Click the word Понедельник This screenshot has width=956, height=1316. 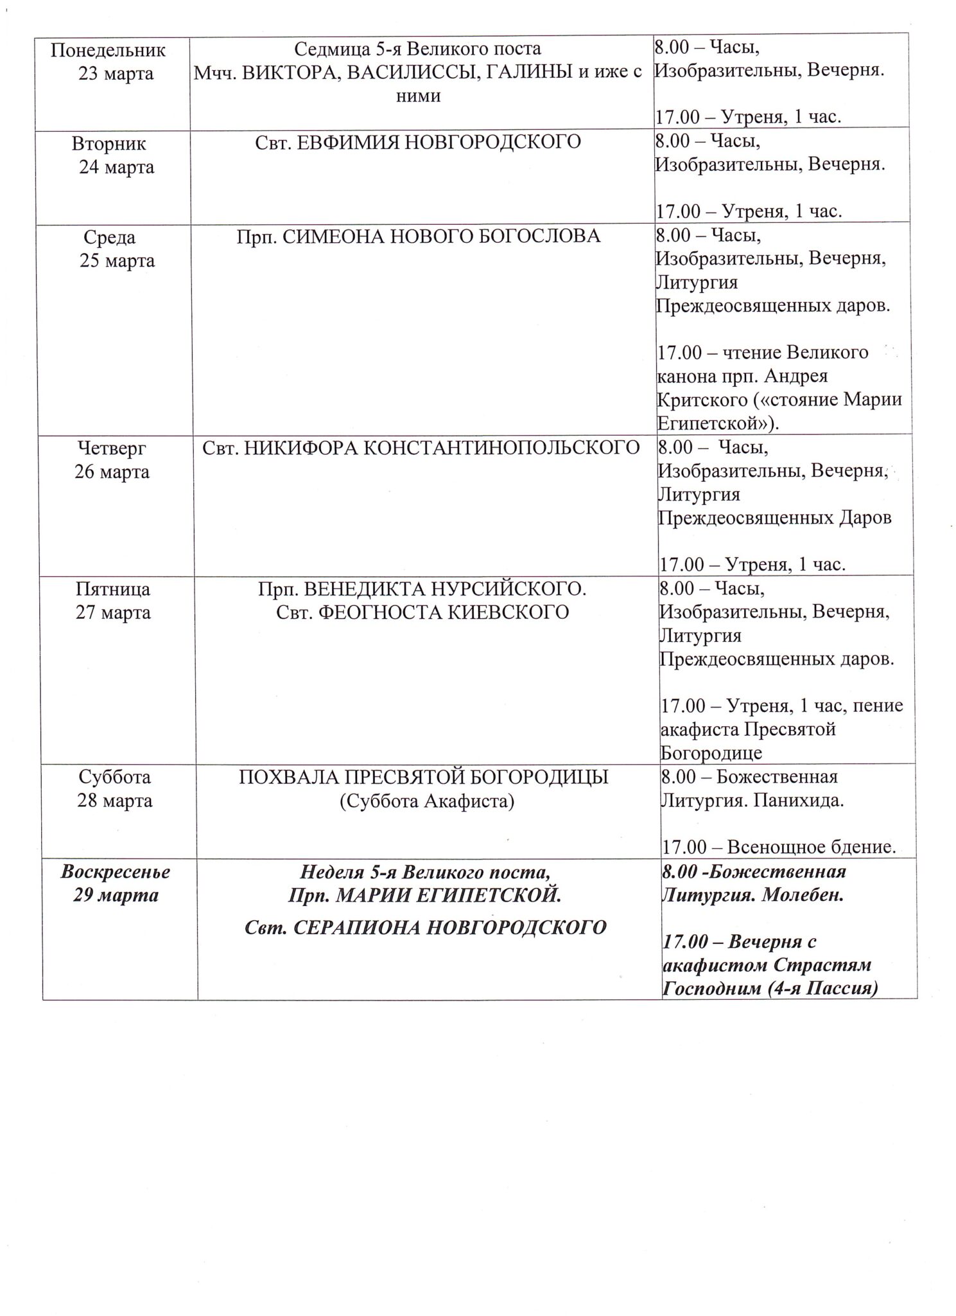point(108,49)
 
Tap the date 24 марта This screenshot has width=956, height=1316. point(116,167)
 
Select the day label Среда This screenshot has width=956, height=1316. point(109,237)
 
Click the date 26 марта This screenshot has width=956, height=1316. point(112,472)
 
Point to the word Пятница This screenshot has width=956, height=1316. point(113,589)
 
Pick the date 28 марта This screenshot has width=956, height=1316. point(114,801)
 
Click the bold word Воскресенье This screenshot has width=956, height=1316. point(116,872)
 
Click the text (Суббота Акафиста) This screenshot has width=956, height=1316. point(426,801)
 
